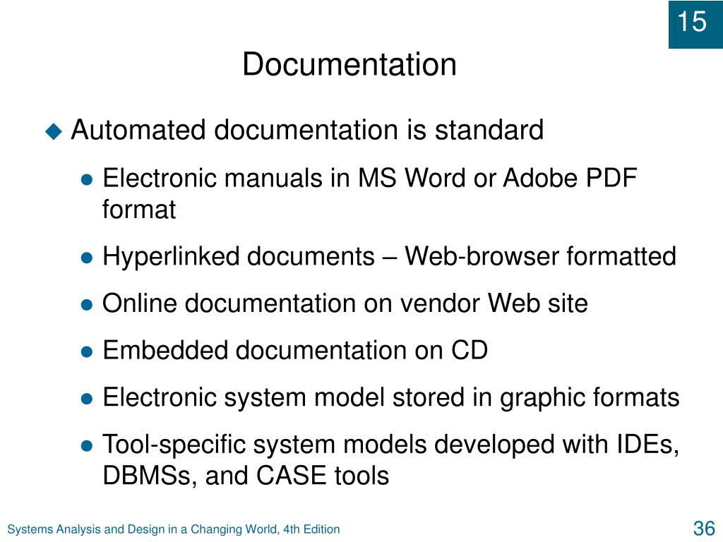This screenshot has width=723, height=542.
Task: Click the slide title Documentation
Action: click(x=349, y=64)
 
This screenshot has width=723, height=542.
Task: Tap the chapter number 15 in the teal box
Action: click(x=692, y=22)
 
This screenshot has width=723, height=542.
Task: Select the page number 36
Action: click(x=704, y=528)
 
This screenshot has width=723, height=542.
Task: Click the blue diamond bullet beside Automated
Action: click(x=54, y=131)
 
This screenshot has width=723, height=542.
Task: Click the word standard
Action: click(x=489, y=130)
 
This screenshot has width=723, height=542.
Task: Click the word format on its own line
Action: click(x=139, y=209)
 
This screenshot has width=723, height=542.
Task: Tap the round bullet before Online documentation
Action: click(x=87, y=305)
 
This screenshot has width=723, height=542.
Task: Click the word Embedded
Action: click(x=165, y=350)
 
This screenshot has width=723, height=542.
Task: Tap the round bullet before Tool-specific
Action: click(x=87, y=446)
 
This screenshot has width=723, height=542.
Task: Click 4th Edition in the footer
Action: click(x=311, y=529)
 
